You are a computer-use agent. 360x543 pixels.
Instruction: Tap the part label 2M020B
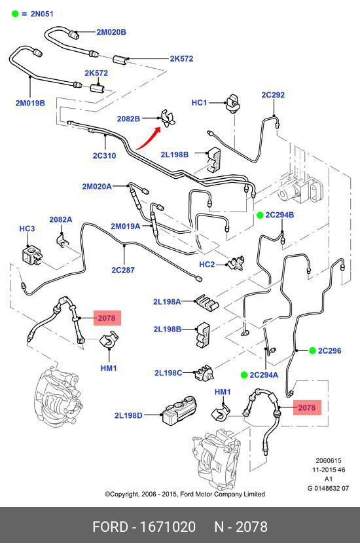111,32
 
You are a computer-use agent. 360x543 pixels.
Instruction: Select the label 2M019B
30,103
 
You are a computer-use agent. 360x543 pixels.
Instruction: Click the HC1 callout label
199,102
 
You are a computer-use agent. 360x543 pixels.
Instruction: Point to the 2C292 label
273,94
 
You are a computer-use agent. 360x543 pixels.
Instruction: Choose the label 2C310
104,155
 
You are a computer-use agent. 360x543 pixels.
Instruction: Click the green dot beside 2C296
312,350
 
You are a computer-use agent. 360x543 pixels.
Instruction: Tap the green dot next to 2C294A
244,375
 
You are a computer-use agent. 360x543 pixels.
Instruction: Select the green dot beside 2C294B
260,215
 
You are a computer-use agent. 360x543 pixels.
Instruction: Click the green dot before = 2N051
15,14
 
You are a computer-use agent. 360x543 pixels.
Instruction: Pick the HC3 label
27,229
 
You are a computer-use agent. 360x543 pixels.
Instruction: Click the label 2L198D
128,415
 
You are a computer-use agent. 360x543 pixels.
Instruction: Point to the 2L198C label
168,373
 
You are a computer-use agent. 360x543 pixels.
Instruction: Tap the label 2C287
123,270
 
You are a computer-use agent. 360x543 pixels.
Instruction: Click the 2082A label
61,219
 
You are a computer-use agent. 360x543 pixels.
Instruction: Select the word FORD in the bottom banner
111,527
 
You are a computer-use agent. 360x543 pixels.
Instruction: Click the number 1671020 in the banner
168,527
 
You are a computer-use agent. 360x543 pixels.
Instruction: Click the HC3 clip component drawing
32,255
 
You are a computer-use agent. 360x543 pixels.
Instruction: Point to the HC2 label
207,265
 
